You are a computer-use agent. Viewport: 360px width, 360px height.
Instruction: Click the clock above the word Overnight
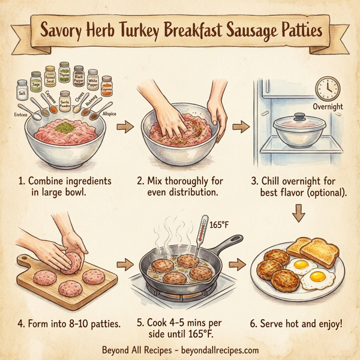[x=327, y=89]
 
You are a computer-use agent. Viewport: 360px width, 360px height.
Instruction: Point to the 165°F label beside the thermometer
[x=219, y=225]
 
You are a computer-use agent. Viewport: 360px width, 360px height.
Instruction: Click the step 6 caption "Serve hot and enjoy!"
[x=305, y=323]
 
